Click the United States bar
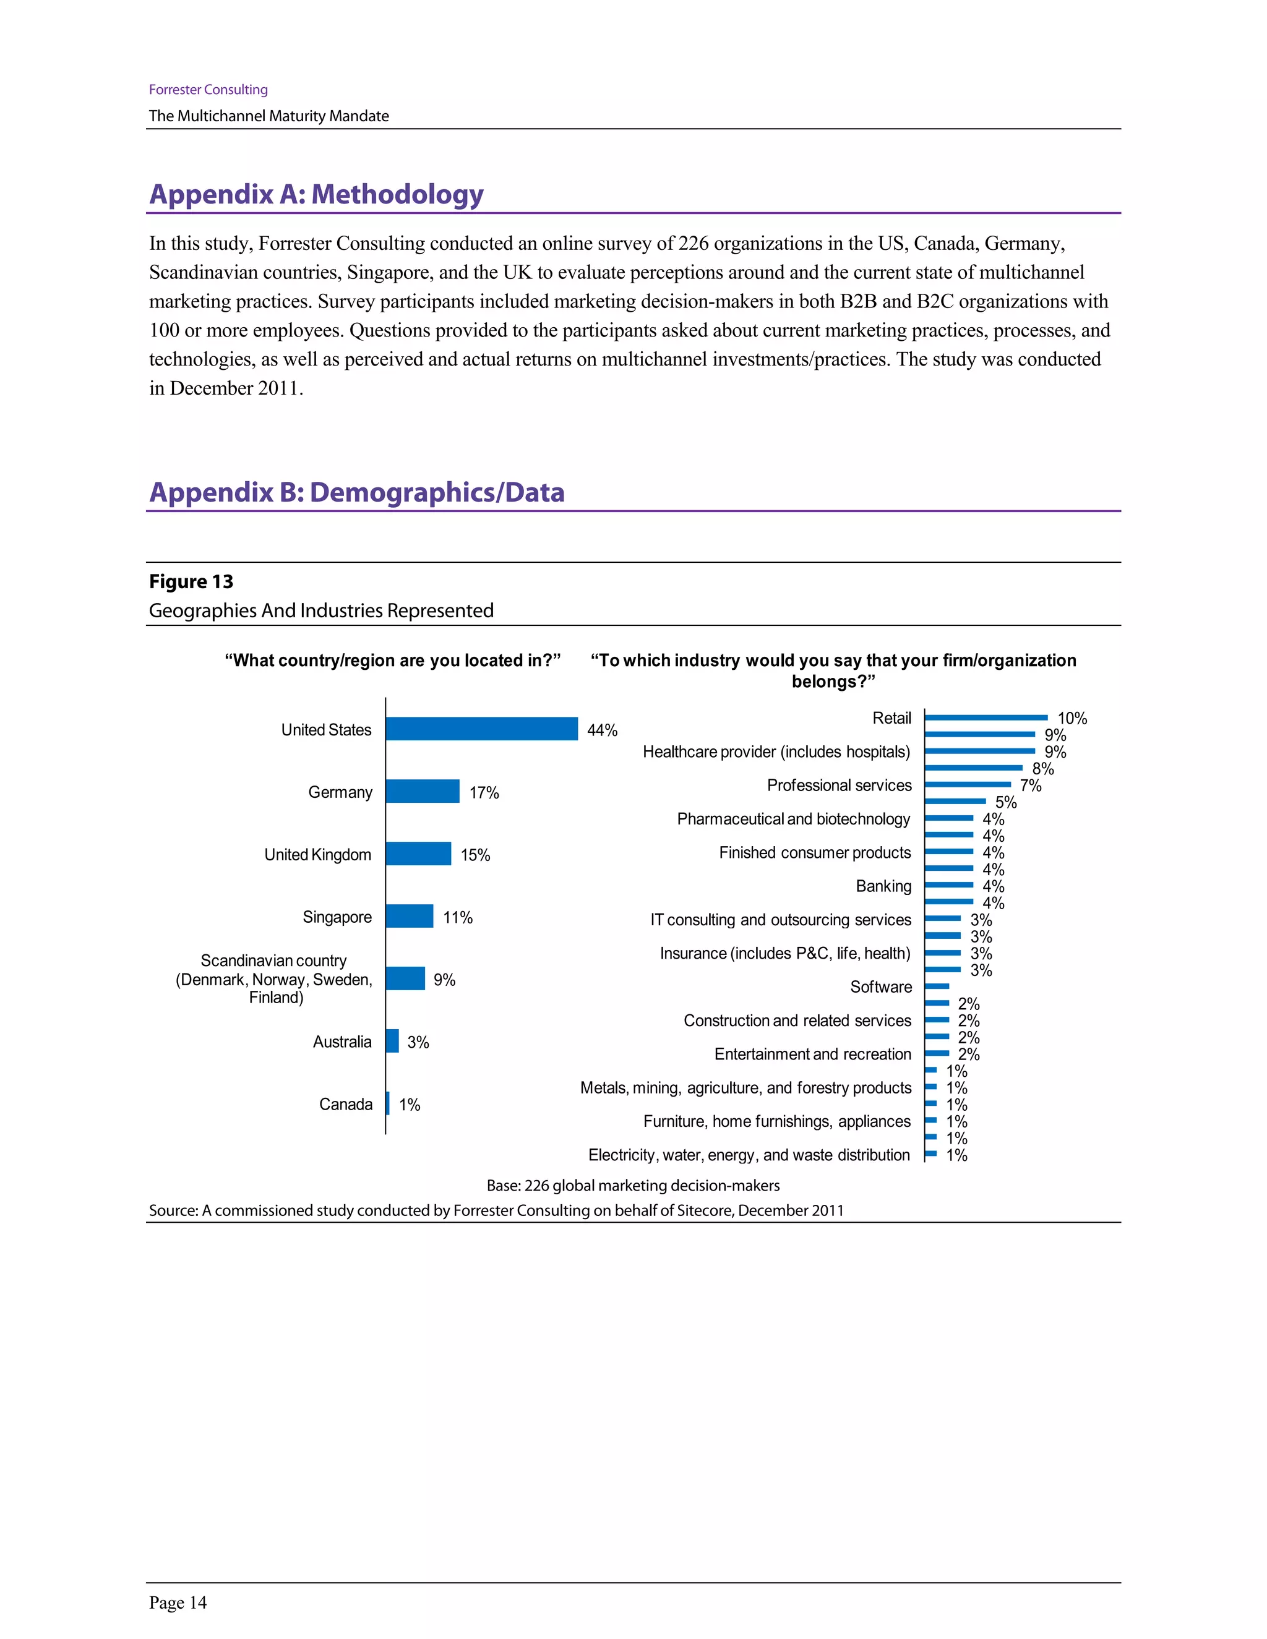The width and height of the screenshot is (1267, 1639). pos(482,729)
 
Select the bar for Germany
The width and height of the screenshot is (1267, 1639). pos(423,791)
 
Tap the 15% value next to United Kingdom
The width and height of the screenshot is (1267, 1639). pos(475,855)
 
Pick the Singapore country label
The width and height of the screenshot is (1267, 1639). pos(337,917)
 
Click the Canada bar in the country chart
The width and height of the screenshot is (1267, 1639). pos(387,1103)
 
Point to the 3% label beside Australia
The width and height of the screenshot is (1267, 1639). pos(418,1042)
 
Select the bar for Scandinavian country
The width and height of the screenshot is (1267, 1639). pos(405,978)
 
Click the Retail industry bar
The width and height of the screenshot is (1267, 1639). pos(986,717)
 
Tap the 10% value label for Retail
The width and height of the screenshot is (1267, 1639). pos(1072,718)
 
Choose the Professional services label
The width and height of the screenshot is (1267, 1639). pos(839,785)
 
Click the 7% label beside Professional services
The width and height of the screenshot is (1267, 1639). pos(1031,785)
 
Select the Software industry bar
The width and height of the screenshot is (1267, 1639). pos(937,986)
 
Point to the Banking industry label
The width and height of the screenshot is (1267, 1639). pos(883,886)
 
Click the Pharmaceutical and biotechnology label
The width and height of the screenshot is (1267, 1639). pos(793,819)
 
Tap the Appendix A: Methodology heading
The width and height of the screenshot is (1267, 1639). pos(316,194)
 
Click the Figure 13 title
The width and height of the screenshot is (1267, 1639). pos(191,581)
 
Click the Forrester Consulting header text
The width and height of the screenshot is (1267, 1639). pos(208,89)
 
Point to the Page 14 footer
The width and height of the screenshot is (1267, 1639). pos(178,1603)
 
